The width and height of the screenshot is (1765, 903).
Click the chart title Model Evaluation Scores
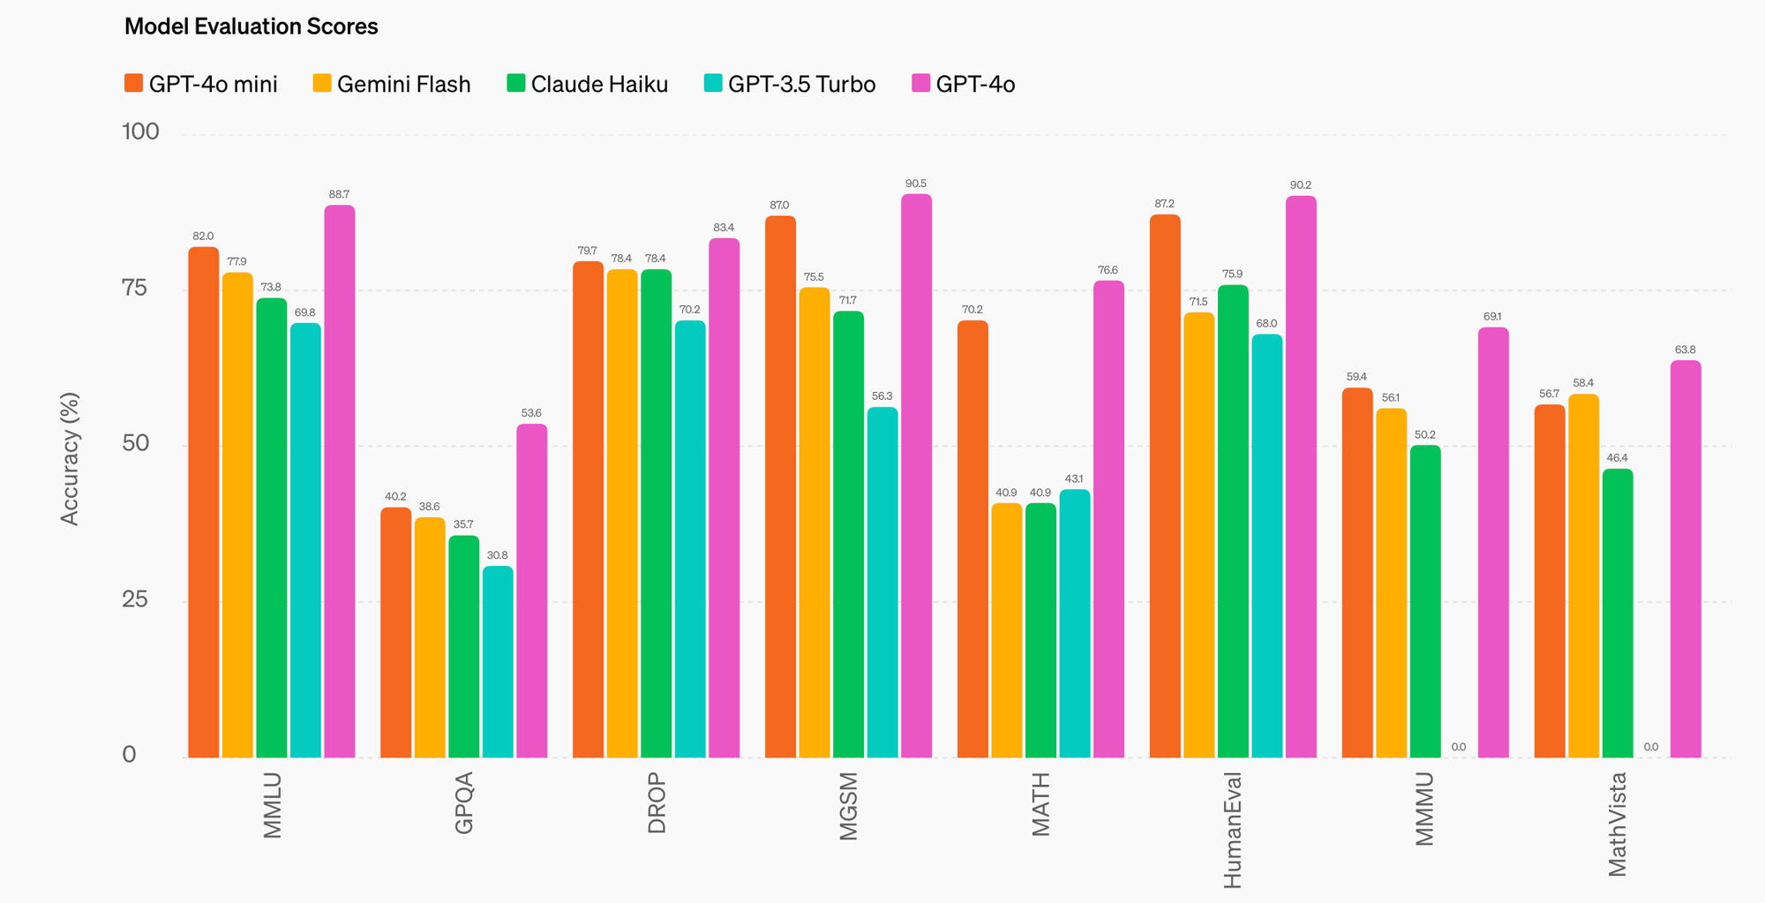tap(251, 26)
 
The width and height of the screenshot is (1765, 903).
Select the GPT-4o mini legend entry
tap(201, 84)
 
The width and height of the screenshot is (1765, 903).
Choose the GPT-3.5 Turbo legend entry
tap(790, 84)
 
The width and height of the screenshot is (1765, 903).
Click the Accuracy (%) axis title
tap(70, 458)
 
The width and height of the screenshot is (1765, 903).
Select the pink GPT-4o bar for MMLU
tap(340, 481)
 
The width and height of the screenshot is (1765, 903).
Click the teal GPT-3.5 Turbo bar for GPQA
tap(498, 661)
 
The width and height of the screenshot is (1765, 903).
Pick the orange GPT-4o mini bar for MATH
tap(973, 538)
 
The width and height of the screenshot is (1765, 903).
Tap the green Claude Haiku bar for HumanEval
tap(1233, 521)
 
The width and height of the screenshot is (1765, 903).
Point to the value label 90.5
tap(916, 184)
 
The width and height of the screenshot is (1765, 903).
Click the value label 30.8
tap(498, 555)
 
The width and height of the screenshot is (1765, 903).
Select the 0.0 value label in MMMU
tap(1459, 747)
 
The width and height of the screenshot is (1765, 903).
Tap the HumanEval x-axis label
tap(1233, 831)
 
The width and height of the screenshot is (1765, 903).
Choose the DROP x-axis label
tap(657, 802)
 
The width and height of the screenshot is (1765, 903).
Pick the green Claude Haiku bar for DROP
tap(656, 513)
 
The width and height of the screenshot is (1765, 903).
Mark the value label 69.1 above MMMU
tap(1493, 317)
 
